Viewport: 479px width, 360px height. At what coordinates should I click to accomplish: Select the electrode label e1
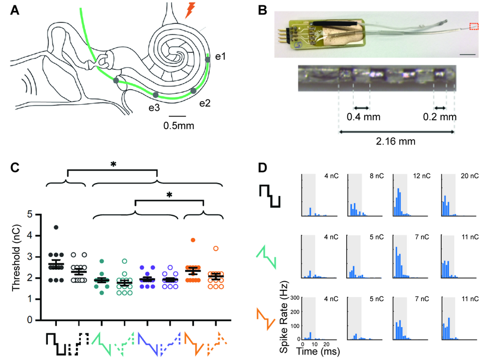coord(221,57)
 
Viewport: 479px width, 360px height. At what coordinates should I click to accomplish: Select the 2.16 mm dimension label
coord(397,142)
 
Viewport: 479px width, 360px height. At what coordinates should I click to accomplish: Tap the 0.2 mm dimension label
coord(440,118)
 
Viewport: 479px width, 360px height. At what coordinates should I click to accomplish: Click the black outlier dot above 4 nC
coord(56,227)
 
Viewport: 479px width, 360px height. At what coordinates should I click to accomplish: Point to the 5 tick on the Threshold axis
coord(31,214)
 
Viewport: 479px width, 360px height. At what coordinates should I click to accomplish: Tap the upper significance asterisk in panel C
coord(113,164)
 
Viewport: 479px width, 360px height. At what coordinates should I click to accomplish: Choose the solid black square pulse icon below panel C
coord(56,344)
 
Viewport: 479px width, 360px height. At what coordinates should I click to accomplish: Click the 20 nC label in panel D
coord(470,176)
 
